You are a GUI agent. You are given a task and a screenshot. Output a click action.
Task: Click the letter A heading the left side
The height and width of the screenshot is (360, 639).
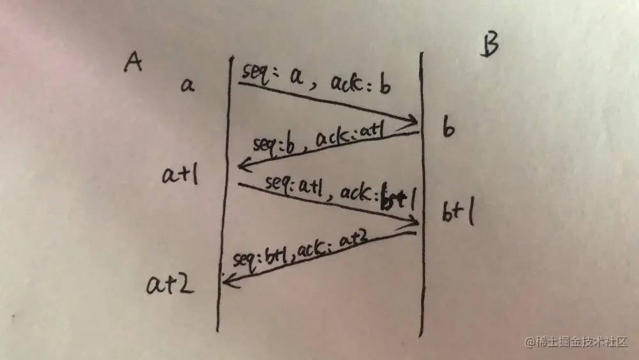click(133, 64)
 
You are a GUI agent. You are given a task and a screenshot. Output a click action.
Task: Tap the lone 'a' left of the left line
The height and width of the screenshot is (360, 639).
click(187, 84)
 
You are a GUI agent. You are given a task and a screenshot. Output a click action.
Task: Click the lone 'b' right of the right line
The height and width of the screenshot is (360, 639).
click(449, 130)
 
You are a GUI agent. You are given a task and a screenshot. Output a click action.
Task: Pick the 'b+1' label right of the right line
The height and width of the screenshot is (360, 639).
click(458, 214)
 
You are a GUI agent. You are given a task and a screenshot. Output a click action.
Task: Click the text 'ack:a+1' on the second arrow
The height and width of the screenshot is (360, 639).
click(343, 136)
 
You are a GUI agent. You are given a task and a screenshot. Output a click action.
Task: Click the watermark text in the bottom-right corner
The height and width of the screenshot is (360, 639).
click(578, 342)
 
